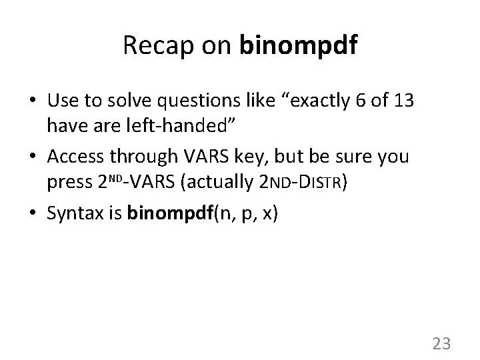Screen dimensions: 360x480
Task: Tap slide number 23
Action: [x=442, y=343]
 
